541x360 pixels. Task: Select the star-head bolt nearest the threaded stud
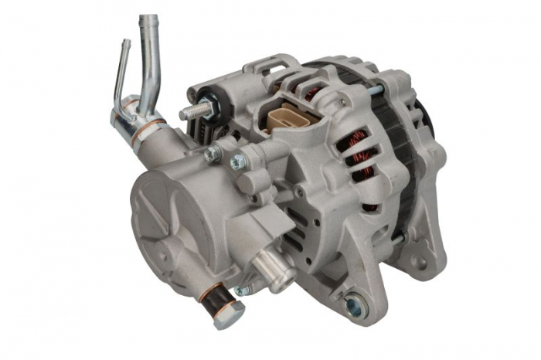point(212,154)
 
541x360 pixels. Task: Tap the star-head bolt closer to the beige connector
point(240,162)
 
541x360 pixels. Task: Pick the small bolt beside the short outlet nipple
point(242,290)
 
